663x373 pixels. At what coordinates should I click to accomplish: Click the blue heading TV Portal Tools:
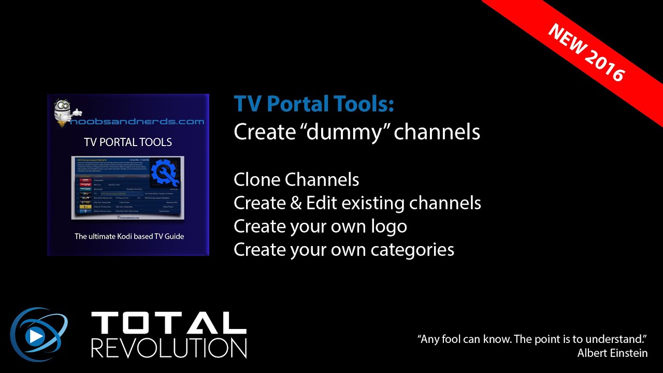coord(314,104)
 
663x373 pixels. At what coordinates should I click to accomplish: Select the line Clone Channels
coord(296,180)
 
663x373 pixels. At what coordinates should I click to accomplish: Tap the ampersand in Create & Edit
coord(296,203)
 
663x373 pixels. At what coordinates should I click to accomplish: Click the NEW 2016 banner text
coord(586,52)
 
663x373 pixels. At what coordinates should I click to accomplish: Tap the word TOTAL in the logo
coord(169,323)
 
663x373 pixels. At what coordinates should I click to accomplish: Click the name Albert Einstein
coord(612,353)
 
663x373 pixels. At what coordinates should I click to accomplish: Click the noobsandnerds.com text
coord(135,122)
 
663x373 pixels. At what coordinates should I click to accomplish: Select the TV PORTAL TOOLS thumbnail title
coord(128,142)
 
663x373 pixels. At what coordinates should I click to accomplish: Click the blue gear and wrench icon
coord(165,173)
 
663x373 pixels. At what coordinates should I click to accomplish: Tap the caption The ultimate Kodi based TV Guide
coord(129,236)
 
